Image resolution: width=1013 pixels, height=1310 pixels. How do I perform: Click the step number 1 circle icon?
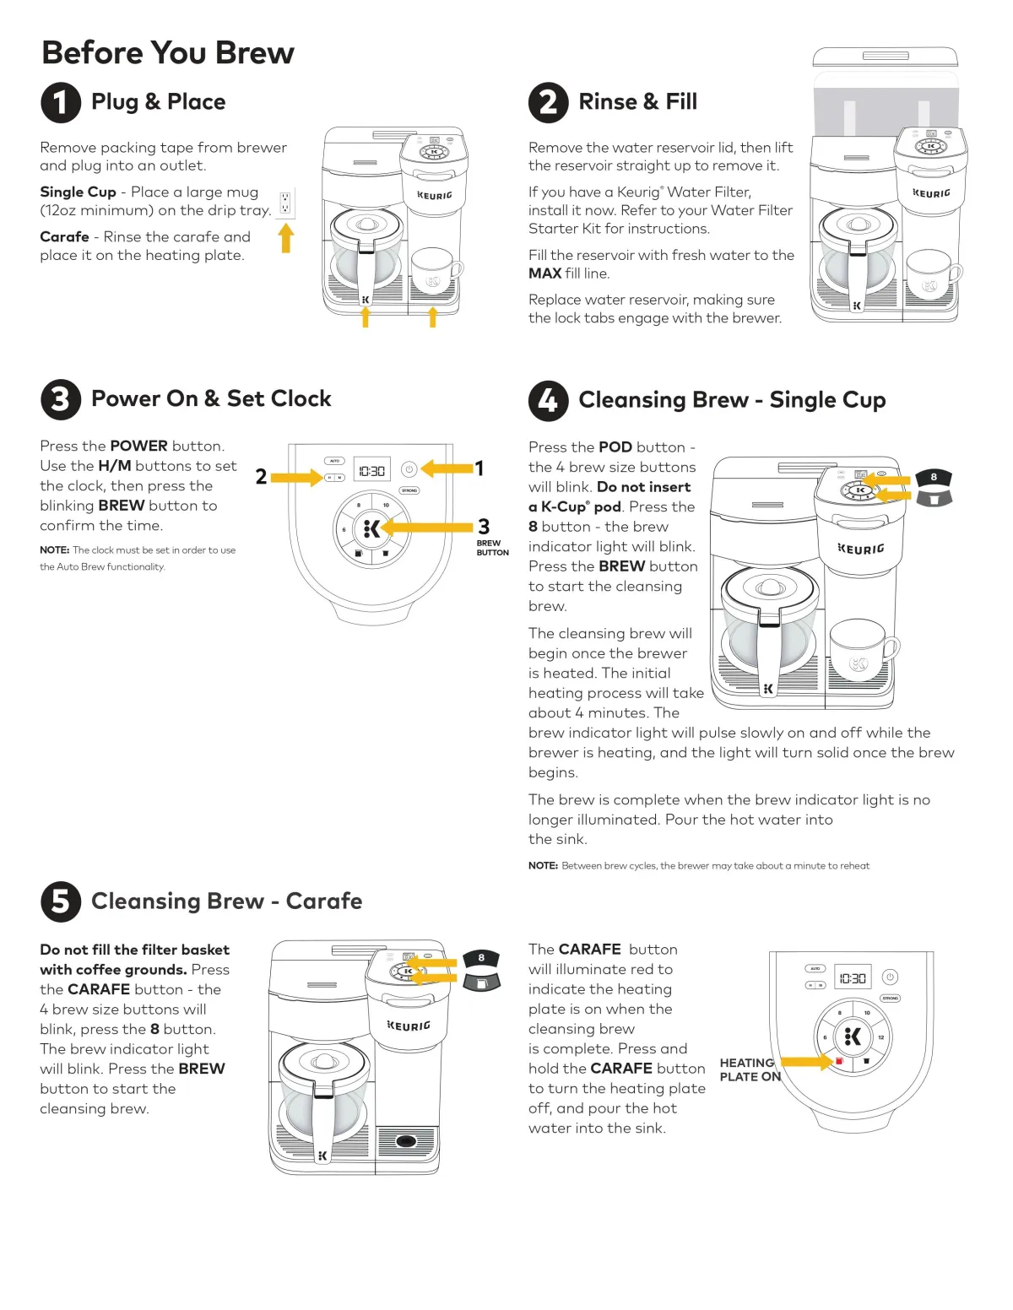point(61,102)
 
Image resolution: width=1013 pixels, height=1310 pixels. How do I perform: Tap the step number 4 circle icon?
point(548,400)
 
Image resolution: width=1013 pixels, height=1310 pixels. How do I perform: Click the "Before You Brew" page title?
point(168,53)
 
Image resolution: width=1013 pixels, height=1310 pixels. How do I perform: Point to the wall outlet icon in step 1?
point(285,203)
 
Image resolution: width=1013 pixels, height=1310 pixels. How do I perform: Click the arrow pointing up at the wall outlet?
point(286,238)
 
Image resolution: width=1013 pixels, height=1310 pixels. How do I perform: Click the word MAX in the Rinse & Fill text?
point(544,273)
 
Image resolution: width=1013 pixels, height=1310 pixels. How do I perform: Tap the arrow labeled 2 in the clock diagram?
point(295,478)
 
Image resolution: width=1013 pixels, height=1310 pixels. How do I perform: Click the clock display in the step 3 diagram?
point(371,470)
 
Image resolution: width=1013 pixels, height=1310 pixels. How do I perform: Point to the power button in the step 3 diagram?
point(409,469)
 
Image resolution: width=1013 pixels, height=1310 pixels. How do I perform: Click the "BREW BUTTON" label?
point(492,548)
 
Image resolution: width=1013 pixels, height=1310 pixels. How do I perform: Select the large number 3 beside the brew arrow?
point(484,527)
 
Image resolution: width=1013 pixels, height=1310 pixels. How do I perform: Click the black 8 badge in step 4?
point(934,478)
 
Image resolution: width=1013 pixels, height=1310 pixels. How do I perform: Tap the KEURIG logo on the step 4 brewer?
point(861,549)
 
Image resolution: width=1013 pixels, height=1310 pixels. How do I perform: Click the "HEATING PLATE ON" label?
point(749,1069)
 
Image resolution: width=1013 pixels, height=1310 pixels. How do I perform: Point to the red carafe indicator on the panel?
point(839,1061)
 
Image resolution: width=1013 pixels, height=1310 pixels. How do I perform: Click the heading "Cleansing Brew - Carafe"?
point(226,901)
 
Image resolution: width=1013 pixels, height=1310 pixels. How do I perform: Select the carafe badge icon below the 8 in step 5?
point(481,982)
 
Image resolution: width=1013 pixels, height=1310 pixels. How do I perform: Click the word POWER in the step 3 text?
point(138,446)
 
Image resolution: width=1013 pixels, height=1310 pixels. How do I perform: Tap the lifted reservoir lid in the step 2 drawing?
point(885,57)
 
